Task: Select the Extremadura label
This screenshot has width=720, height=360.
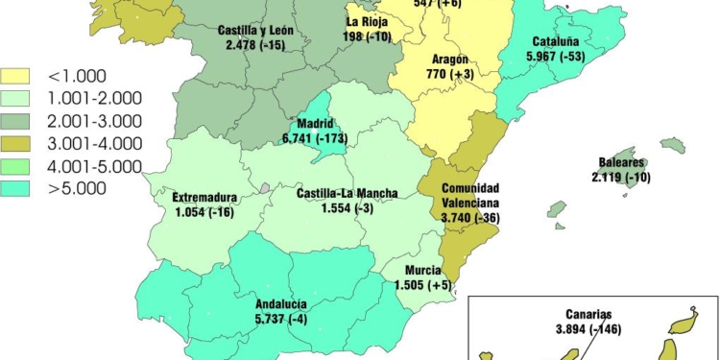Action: pyautogui.click(x=204, y=199)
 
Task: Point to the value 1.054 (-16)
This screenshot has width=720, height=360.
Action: pyautogui.click(x=205, y=212)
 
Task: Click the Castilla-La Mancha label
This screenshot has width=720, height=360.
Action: pyautogui.click(x=334, y=194)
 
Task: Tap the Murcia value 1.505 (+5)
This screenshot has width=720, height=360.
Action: pyautogui.click(x=421, y=285)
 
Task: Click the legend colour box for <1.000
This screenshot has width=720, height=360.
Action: pyautogui.click(x=19, y=76)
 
